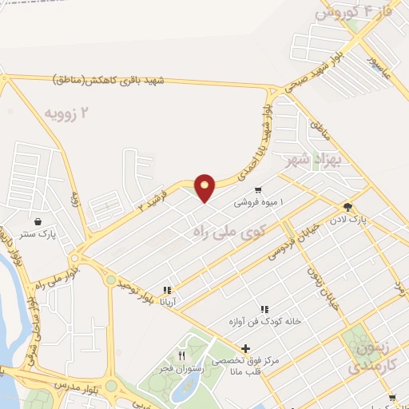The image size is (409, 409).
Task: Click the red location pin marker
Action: click(x=205, y=187)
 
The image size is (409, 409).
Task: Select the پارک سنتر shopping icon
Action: click(x=38, y=221)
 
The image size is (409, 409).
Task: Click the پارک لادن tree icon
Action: click(x=347, y=206)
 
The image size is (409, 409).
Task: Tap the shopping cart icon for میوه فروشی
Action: click(x=258, y=190)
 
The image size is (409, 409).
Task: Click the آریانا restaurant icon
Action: click(x=167, y=291)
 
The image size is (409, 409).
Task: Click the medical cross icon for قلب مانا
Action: click(x=245, y=348)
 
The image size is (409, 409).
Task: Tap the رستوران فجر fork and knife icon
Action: click(x=182, y=356)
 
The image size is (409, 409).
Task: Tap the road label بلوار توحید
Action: click(x=134, y=292)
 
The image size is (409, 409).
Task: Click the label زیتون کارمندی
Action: click(x=369, y=357)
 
